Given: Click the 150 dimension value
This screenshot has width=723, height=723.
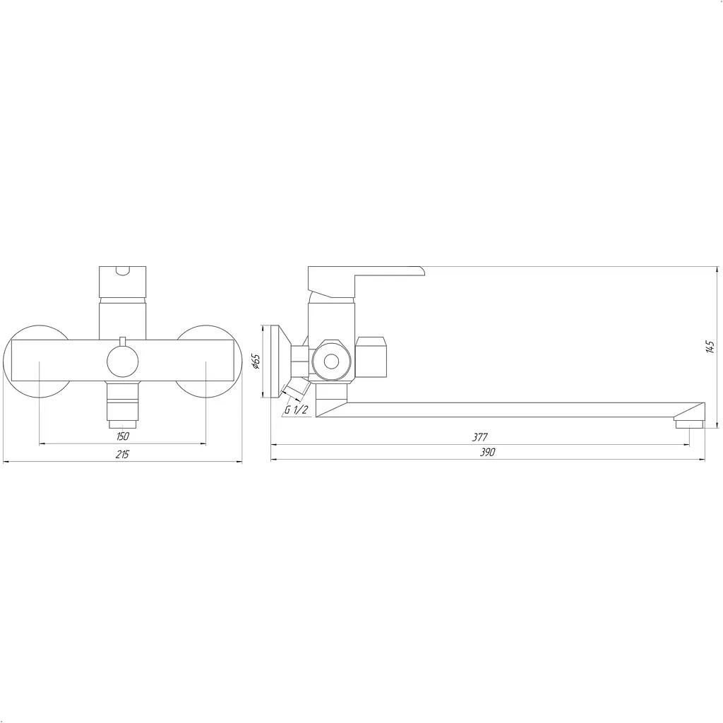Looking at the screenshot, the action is click(123, 436).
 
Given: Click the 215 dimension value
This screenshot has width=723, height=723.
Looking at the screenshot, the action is click(122, 454).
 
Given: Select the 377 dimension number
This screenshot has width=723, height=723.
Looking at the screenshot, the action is click(479, 436).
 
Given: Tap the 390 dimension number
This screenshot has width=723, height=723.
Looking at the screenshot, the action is click(487, 452).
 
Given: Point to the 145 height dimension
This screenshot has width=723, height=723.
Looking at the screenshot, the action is click(710, 347).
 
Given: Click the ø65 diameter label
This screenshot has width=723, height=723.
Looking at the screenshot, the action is click(256, 361).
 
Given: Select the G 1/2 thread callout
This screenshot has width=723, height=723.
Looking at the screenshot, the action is click(296, 410).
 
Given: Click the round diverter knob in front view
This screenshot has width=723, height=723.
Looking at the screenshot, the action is click(123, 361).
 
